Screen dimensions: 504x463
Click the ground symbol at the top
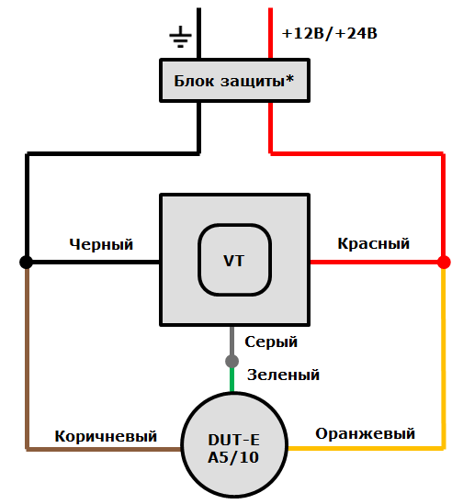[180, 37]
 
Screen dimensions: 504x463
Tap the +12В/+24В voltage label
[330, 34]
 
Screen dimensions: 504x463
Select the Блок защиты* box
[233, 81]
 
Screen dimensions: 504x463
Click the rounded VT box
[234, 261]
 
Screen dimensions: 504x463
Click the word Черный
[101, 244]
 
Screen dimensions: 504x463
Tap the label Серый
[271, 342]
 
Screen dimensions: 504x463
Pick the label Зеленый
[283, 375]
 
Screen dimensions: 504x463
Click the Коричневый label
[106, 436]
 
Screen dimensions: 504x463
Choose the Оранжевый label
[365, 433]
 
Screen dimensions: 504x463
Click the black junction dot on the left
[27, 263]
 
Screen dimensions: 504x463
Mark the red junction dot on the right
[443, 263]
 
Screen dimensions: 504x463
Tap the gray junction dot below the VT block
[232, 360]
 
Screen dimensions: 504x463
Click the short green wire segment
[232, 377]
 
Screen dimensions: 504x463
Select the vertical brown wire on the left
[27, 358]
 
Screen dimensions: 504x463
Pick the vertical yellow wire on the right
[443, 358]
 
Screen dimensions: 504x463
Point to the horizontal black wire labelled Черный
[92, 263]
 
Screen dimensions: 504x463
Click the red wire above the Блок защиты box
[271, 33]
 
